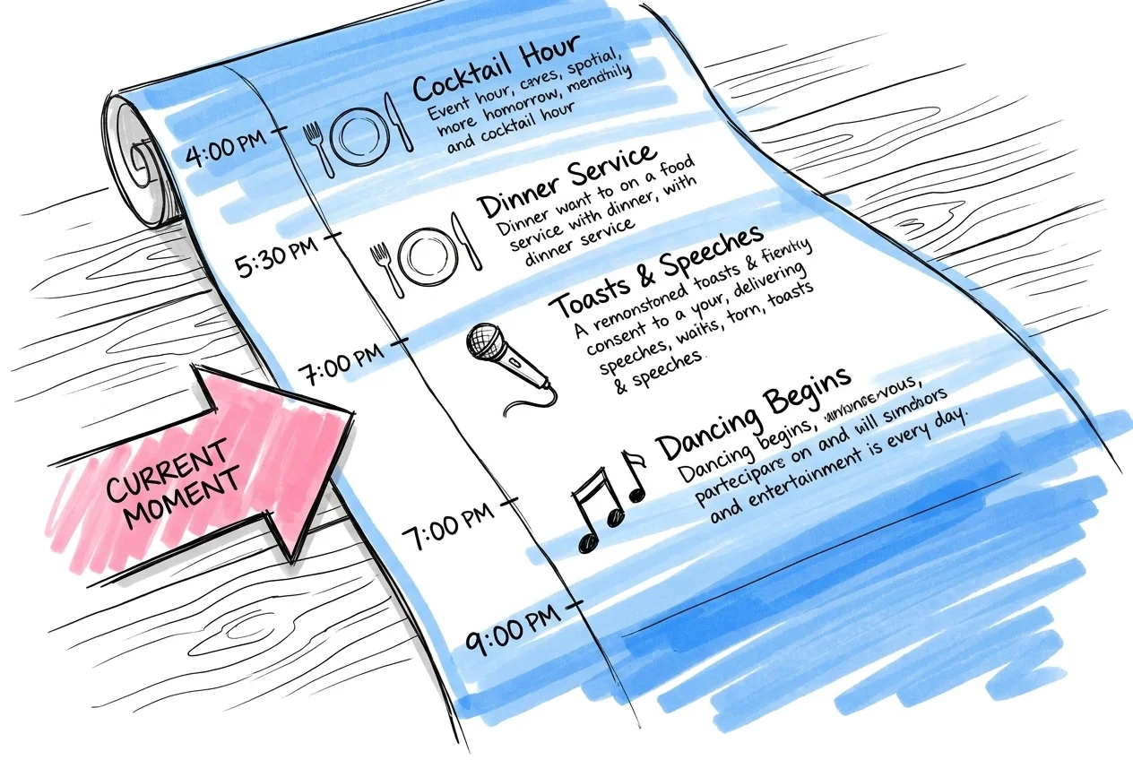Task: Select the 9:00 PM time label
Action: click(x=508, y=635)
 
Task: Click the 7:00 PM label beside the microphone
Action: click(x=350, y=358)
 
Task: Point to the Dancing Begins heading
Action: click(x=752, y=411)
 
